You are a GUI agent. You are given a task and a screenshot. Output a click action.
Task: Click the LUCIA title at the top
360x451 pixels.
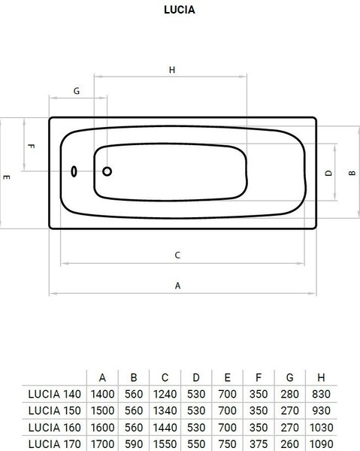(x=180, y=10)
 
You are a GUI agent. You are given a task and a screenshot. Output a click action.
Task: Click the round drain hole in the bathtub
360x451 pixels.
(x=107, y=171)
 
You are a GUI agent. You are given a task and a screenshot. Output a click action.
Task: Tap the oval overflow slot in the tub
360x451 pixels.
(x=74, y=171)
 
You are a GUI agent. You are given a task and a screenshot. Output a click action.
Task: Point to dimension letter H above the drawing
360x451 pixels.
(x=172, y=70)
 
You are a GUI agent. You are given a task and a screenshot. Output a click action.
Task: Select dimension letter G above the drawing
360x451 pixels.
(x=77, y=91)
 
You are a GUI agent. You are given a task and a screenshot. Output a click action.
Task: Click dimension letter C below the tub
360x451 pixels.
(x=177, y=255)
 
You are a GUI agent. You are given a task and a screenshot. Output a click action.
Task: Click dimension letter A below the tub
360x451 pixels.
(x=177, y=286)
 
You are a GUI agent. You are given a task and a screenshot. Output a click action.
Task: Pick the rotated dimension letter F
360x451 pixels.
(x=31, y=146)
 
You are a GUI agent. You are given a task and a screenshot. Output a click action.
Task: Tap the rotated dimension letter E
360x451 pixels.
(x=6, y=177)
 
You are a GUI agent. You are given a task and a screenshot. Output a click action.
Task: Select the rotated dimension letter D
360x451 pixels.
(x=328, y=173)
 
